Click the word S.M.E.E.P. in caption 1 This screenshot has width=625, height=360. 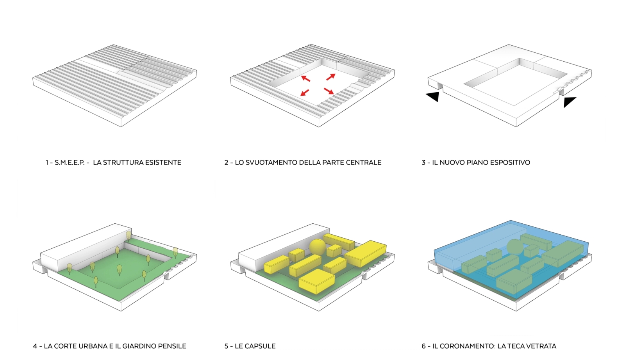click(70, 162)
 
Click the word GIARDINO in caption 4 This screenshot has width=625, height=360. click(139, 346)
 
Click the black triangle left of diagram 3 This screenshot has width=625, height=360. click(433, 96)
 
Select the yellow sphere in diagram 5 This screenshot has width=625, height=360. click(317, 247)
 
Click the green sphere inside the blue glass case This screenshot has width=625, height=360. click(515, 247)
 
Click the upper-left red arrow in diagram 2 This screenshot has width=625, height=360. click(305, 78)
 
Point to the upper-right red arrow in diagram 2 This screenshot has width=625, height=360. click(331, 77)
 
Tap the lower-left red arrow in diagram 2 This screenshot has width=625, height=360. click(305, 93)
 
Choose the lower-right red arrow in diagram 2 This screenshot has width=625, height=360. click(329, 91)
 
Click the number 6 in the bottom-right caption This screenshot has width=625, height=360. click(423, 346)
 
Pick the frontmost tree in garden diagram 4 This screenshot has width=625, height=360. click(96, 281)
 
